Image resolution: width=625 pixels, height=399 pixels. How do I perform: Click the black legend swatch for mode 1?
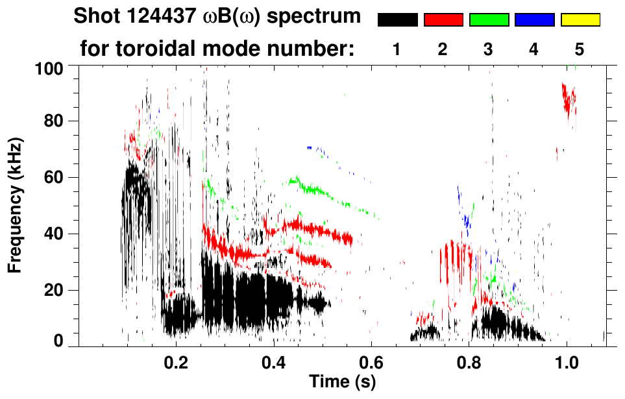tap(397, 20)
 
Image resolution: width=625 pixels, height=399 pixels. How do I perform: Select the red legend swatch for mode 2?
tap(443, 20)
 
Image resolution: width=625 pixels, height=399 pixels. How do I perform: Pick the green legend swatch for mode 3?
tap(489, 20)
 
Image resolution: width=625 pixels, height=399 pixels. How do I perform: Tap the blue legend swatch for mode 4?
tap(534, 20)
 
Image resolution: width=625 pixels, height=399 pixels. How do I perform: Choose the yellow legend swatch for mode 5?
tap(580, 20)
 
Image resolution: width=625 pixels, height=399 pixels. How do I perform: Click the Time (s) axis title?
tap(342, 381)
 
